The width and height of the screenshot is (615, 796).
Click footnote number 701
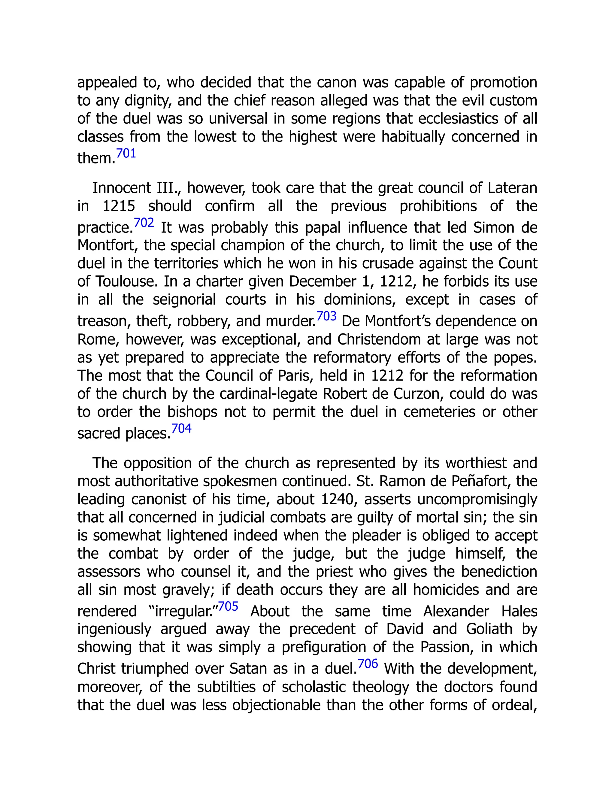(x=126, y=153)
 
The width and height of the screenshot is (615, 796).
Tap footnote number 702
(x=144, y=223)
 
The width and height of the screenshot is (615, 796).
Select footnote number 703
(x=326, y=316)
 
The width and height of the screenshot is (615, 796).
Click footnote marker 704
(x=181, y=428)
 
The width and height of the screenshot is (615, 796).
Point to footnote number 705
(x=228, y=606)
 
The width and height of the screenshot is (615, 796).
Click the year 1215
(x=119, y=206)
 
